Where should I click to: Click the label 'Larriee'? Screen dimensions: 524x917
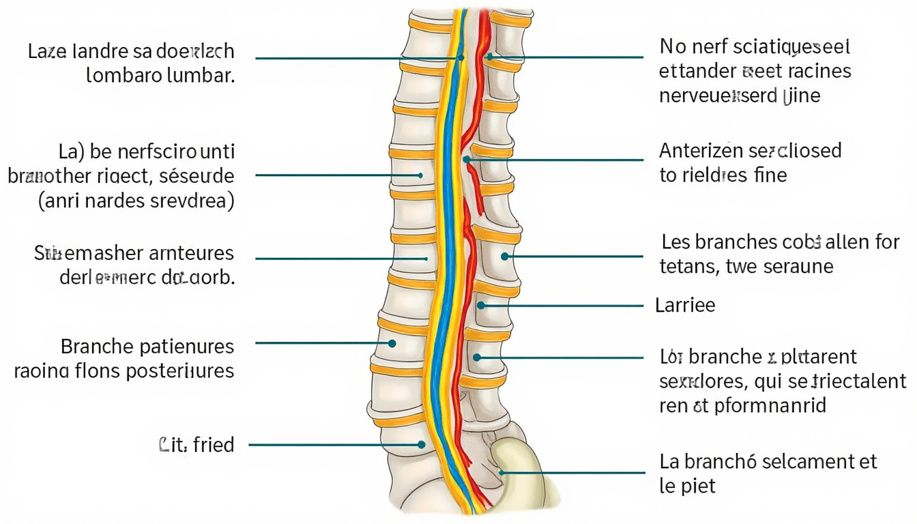pos(685,305)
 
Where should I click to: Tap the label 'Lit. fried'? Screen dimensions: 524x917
pos(196,445)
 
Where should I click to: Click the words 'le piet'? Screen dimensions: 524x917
pos(688,486)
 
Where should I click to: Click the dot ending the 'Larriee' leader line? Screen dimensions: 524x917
pos(481,305)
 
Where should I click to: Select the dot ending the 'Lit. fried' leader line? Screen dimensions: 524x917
pos(422,445)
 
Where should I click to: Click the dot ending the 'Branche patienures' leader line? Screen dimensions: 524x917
pos(392,343)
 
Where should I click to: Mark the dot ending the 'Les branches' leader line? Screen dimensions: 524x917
pos(505,257)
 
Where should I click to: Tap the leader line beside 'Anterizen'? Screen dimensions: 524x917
pos(559,160)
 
